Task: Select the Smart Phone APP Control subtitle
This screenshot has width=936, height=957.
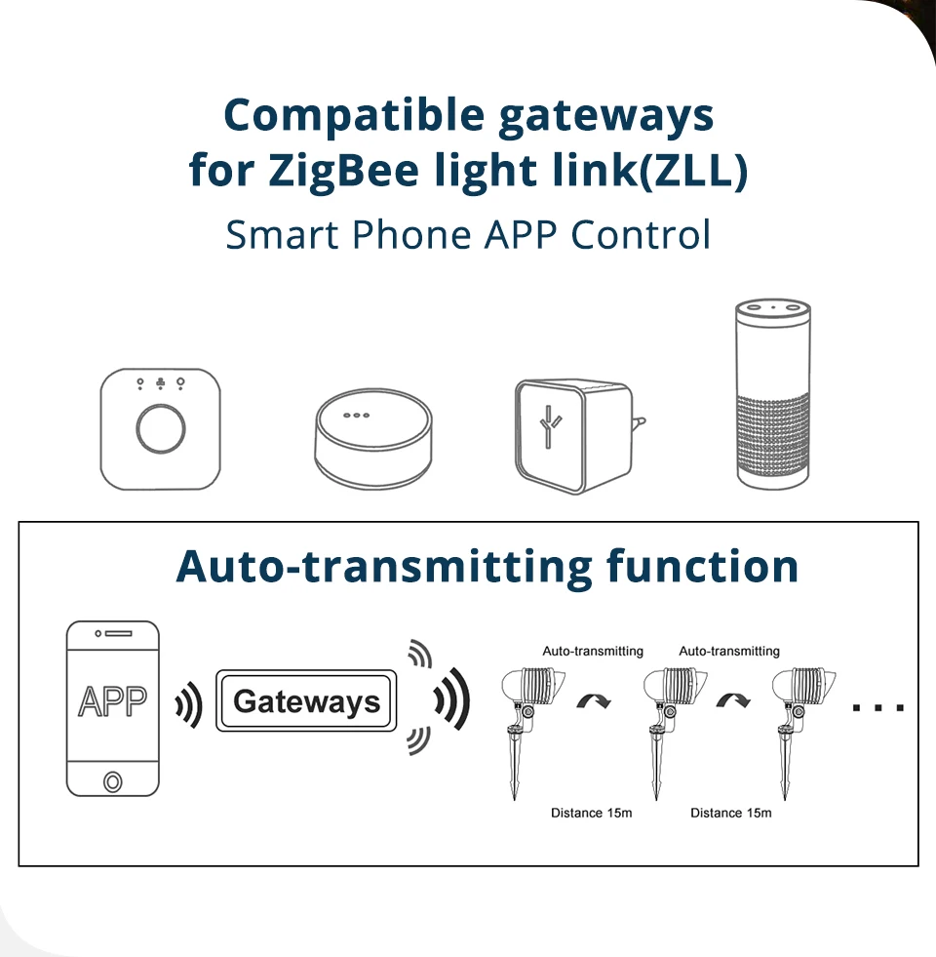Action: (x=468, y=235)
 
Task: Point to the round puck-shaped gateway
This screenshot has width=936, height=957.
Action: (x=371, y=439)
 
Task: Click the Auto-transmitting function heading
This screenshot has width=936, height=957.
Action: (x=487, y=566)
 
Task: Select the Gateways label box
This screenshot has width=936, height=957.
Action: (x=307, y=701)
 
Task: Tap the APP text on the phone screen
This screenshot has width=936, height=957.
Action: (x=112, y=701)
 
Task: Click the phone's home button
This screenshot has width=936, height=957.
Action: (x=112, y=781)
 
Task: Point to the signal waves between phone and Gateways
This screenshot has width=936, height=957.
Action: (x=188, y=703)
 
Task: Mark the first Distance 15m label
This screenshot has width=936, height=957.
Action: (x=592, y=813)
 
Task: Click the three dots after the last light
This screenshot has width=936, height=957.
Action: (x=878, y=706)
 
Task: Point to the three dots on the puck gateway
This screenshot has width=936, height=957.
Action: (x=357, y=415)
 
